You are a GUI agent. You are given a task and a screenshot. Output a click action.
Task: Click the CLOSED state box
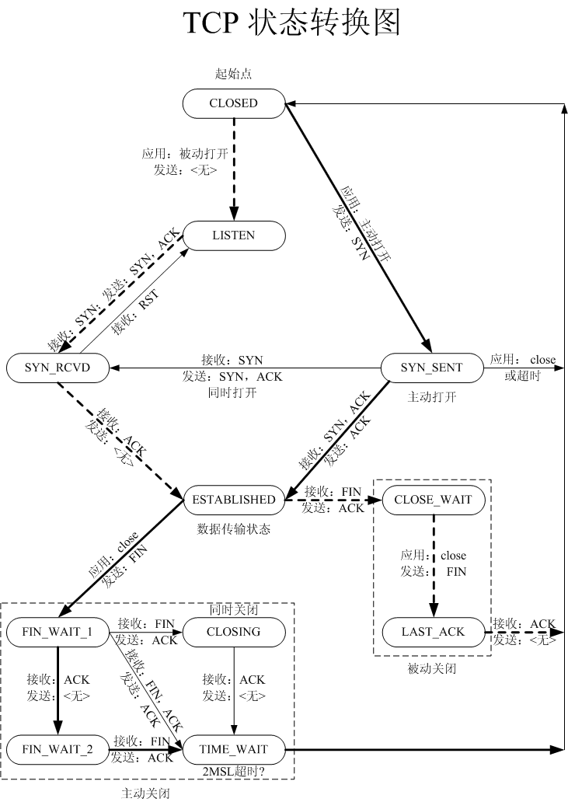point(233,103)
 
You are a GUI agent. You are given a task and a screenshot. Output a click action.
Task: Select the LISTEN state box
point(233,235)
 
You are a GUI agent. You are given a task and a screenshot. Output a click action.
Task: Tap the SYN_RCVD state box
point(57,368)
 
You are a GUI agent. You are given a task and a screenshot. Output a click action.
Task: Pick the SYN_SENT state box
point(432,368)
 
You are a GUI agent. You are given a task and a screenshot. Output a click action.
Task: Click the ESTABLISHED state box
point(233,499)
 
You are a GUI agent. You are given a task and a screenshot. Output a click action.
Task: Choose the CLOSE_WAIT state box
point(433,499)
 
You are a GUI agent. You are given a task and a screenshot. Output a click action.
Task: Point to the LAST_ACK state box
point(433,631)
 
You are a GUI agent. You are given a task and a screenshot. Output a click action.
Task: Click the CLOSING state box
point(233,631)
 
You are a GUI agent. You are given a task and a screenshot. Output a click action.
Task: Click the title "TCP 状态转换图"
point(291,24)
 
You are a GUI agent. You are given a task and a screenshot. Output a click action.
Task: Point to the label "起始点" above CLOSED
point(233,75)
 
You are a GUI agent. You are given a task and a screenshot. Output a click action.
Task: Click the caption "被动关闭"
point(432,668)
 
